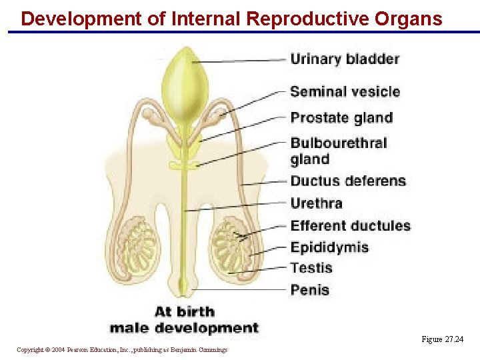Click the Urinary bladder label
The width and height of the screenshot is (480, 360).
345,59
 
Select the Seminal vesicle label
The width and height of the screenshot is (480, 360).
345,92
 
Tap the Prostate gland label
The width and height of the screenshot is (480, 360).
341,118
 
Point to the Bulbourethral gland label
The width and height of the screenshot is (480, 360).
338,151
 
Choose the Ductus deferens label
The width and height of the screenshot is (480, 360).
348,181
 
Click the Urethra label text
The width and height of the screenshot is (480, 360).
316,203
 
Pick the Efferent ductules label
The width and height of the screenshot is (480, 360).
350,226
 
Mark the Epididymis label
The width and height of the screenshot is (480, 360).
329,247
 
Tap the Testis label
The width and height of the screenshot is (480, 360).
311,268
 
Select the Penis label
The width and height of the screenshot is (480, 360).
309,289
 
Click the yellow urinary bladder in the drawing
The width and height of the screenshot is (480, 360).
185,80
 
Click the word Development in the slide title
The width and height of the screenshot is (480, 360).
81,18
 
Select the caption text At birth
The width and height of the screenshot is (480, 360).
185,311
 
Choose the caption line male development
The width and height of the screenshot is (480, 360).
183,327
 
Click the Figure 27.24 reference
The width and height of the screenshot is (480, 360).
442,339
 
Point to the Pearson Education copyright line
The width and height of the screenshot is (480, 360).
122,350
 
